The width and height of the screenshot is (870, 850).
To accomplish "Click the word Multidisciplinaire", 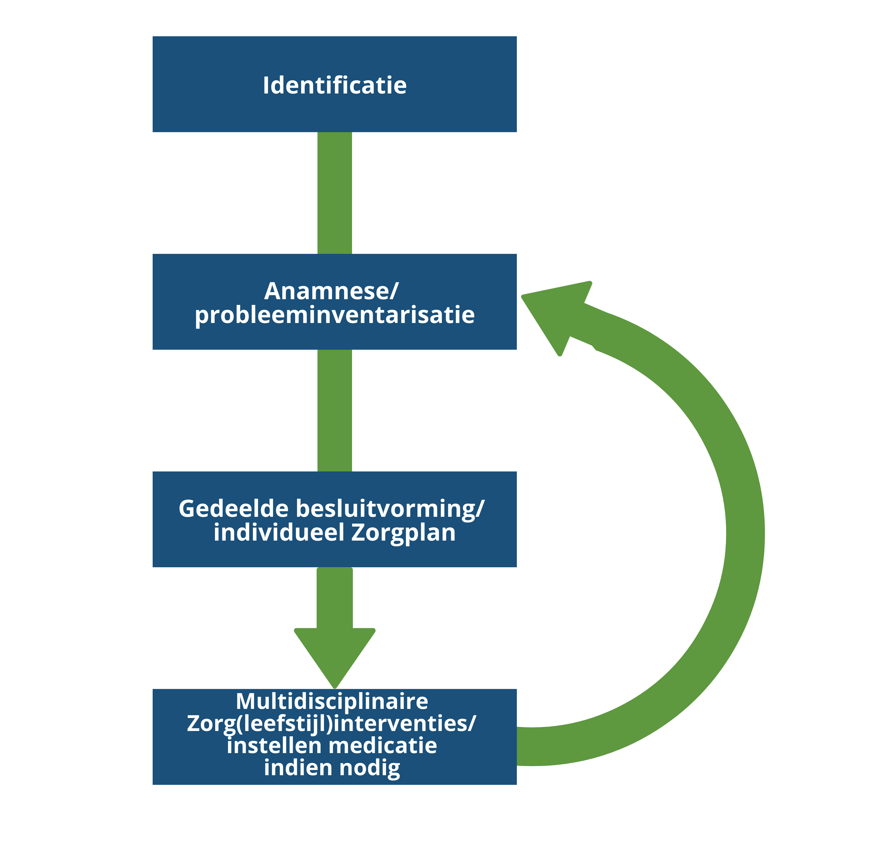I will click(332, 701).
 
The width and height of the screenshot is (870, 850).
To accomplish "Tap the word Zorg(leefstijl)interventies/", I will click(332, 724).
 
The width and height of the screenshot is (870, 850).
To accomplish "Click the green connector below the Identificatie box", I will click(335, 193).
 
